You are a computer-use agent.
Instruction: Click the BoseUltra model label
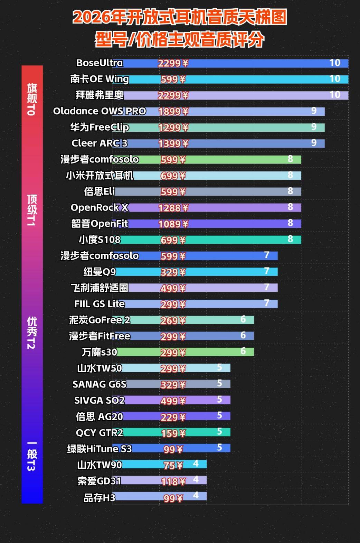[100, 63]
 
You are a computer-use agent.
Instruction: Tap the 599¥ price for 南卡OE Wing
[173, 79]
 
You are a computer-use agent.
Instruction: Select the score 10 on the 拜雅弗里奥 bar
[335, 95]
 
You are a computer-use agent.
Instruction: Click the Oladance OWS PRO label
[100, 111]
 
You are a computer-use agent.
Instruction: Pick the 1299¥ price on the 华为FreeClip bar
[173, 128]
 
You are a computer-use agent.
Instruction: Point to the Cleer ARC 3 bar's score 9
[314, 143]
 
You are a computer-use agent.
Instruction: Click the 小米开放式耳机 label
[100, 176]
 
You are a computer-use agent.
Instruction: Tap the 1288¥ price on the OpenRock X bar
[173, 208]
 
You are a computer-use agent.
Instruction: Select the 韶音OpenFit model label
[100, 224]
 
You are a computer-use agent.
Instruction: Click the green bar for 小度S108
[225, 240]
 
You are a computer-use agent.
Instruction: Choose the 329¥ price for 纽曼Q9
[173, 272]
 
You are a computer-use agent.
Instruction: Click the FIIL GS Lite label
[100, 304]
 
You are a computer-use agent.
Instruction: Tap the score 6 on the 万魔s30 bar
[243, 351]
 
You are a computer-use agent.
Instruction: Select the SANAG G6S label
[100, 384]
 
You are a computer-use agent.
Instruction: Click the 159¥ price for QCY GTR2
[173, 433]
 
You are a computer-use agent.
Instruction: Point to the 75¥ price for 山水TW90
[173, 465]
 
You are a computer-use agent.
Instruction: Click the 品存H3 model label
[100, 498]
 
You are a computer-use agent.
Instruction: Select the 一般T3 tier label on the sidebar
[32, 456]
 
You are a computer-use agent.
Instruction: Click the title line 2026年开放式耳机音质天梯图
[180, 17]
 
